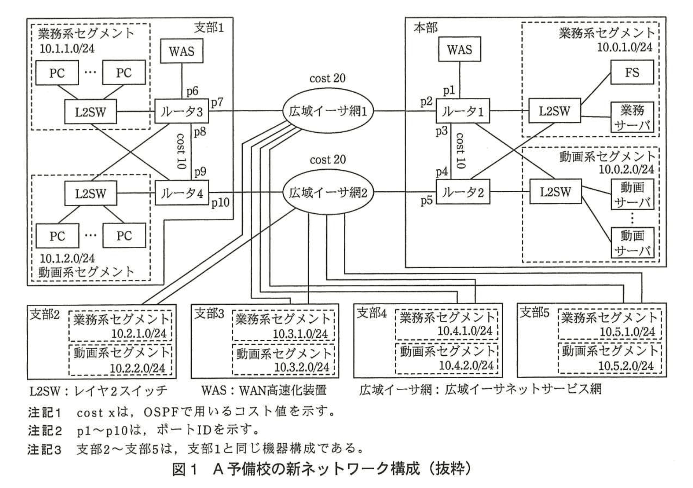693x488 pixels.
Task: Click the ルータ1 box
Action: point(462,111)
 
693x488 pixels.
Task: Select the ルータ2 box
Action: point(462,192)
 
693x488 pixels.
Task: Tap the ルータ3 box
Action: point(182,112)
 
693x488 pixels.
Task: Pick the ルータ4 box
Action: point(182,193)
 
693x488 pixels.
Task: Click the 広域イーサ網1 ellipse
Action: point(327,112)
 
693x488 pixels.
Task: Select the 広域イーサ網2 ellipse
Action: point(327,193)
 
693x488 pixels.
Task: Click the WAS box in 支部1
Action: point(182,51)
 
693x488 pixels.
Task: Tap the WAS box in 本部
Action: point(459,49)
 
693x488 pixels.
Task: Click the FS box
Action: point(632,72)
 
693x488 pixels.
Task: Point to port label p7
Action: point(217,102)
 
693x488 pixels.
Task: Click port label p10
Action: point(220,203)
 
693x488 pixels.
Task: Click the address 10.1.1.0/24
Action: point(67,49)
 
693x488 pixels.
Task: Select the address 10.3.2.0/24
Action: point(301,367)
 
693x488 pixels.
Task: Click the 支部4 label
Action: point(371,312)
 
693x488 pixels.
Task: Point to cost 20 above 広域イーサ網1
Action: point(327,78)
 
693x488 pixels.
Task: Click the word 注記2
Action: point(44,430)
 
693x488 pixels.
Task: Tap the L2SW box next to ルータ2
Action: point(555,192)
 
